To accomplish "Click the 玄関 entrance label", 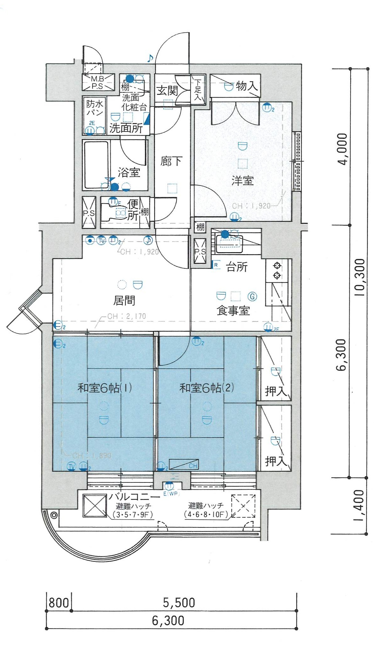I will (x=167, y=91).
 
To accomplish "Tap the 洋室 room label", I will (x=242, y=181).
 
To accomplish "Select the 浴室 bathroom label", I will (x=129, y=173).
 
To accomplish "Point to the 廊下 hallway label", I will (x=171, y=161).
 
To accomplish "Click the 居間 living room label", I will (x=124, y=300).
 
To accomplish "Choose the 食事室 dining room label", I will (x=233, y=310).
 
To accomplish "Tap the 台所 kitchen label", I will (x=237, y=267).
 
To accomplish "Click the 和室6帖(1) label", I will (x=104, y=388).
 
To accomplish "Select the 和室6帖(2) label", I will (x=206, y=388).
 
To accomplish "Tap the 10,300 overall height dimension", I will (x=360, y=277).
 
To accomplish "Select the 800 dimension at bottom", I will (x=59, y=603).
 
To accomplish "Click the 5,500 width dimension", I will (x=179, y=603).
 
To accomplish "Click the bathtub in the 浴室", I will (x=96, y=165).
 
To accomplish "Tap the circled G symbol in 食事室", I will (x=252, y=296).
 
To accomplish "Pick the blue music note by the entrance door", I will (x=150, y=58).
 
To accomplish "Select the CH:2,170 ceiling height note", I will (x=127, y=316).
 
